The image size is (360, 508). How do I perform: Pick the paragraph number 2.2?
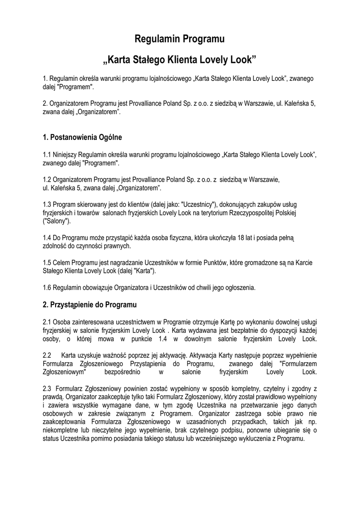(x=48, y=355)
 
